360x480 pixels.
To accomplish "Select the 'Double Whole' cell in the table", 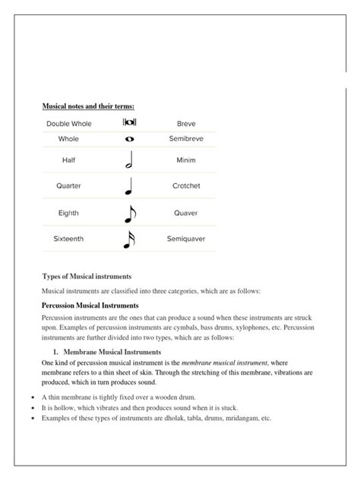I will coord(68,124).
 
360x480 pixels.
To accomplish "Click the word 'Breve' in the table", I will coord(186,124).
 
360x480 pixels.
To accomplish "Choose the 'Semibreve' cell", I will coord(186,140).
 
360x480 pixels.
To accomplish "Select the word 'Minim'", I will coord(186,161).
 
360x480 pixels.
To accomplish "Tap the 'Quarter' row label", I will coord(68,185).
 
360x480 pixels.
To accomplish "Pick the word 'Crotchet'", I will coord(186,185).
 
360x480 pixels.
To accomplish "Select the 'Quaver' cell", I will coord(186,213).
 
